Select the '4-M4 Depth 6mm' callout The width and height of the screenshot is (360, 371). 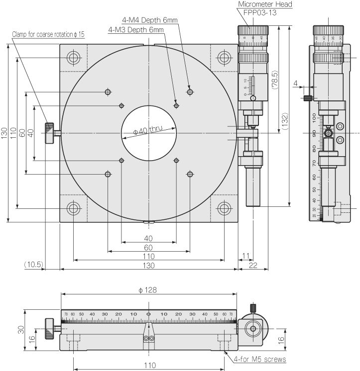150,20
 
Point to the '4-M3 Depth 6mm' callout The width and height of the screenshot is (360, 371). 136,30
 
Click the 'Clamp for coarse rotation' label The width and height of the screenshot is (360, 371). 48,34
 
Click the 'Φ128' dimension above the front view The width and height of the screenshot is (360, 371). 148,289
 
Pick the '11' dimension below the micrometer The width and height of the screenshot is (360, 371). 244,256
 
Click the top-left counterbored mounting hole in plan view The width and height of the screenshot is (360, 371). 74,58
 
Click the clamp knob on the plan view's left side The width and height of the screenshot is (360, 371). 50,133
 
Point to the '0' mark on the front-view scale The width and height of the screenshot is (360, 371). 148,314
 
